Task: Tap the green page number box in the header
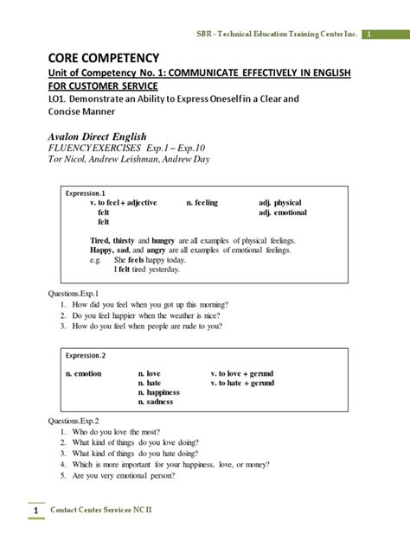368,34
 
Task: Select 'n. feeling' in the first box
202,202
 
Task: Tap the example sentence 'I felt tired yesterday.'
140,269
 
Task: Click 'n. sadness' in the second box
162,402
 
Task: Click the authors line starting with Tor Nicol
122,159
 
